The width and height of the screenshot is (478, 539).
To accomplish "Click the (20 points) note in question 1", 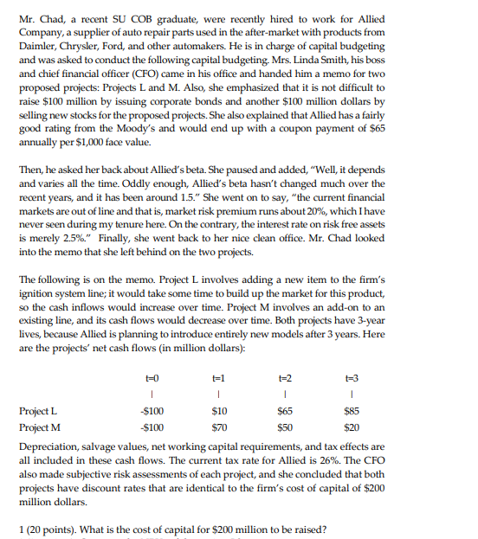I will tap(55, 528).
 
